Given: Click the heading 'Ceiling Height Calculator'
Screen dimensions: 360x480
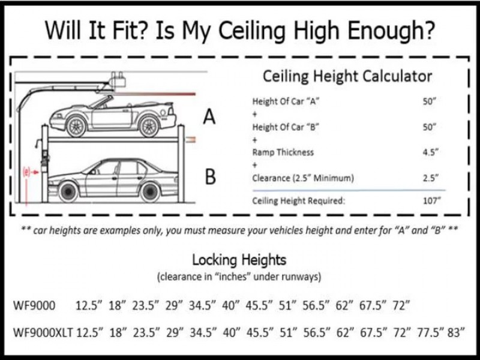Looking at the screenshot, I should pyautogui.click(x=347, y=77).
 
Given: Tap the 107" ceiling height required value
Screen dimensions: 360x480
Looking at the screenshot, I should pyautogui.click(x=428, y=201).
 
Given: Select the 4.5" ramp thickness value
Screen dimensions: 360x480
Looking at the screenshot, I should pyautogui.click(x=428, y=152).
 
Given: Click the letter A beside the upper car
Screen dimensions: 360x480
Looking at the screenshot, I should pyautogui.click(x=209, y=116).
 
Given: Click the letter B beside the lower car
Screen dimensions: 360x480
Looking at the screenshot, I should pyautogui.click(x=209, y=178).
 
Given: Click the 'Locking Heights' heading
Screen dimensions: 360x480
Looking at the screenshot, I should pyautogui.click(x=239, y=260).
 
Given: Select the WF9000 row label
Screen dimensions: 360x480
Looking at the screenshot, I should pyautogui.click(x=34, y=305).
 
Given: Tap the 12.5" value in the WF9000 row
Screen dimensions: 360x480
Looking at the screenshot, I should pyautogui.click(x=89, y=305).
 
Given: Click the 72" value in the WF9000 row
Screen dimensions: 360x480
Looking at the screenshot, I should pyautogui.click(x=399, y=305).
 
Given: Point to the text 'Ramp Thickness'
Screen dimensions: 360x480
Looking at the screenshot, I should pyautogui.click(x=283, y=152).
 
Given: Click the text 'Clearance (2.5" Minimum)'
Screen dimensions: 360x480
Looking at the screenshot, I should pyautogui.click(x=303, y=178).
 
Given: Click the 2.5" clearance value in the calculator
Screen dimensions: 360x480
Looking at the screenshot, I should pyautogui.click(x=428, y=178).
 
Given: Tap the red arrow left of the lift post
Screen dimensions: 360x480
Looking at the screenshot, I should pyautogui.click(x=31, y=172).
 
